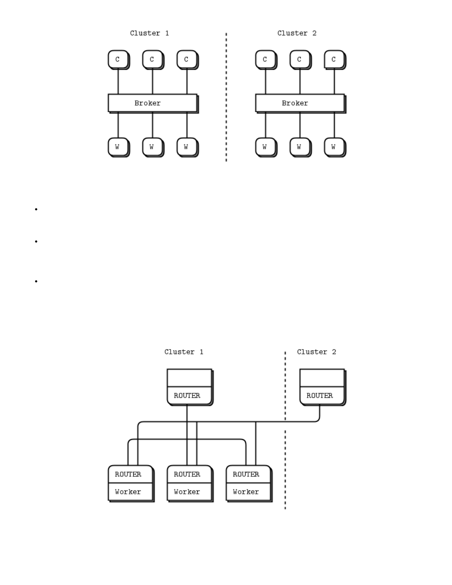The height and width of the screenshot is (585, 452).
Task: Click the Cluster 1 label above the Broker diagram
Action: [149, 33]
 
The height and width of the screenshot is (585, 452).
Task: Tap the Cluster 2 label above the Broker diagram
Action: [297, 33]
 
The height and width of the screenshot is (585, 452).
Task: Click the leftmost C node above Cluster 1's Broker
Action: [118, 59]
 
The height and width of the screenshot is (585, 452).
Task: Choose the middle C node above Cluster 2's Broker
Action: [299, 59]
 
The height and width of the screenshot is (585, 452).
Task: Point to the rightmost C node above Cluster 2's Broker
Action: [334, 59]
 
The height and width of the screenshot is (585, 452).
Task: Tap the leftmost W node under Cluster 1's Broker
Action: [118, 147]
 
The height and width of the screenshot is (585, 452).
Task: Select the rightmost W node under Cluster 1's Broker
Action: [186, 147]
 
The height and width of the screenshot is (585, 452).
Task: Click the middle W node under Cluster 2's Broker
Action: [299, 147]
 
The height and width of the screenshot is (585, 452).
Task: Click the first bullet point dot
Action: [36, 209]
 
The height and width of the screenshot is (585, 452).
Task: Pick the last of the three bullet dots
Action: [36, 281]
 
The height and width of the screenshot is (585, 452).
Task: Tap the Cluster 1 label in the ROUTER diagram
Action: [184, 352]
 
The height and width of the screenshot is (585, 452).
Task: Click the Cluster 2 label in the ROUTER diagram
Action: [316, 352]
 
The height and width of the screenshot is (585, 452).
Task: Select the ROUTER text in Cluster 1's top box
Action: [187, 396]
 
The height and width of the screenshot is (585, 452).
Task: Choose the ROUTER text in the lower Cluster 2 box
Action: [319, 396]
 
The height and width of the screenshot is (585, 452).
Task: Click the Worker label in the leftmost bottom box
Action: [128, 492]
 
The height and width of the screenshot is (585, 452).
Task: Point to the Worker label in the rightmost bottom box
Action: [246, 492]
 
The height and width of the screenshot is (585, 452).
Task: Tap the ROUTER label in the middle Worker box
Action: [187, 474]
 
